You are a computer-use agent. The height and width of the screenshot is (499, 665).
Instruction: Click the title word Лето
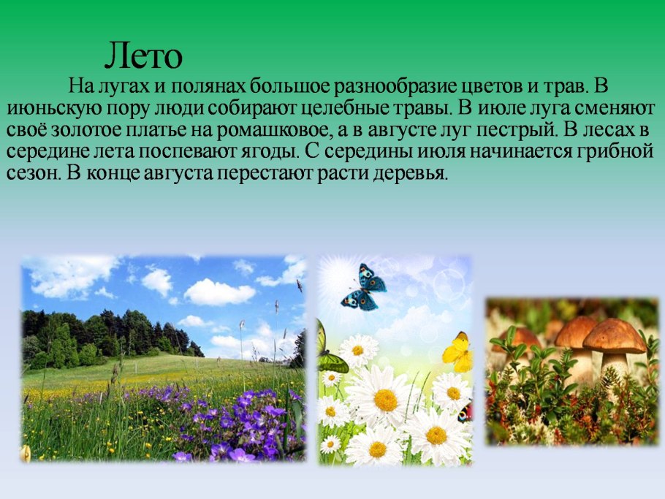(x=143, y=56)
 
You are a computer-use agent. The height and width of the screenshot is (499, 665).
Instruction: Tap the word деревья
(x=410, y=174)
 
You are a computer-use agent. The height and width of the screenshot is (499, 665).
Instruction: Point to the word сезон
(x=32, y=174)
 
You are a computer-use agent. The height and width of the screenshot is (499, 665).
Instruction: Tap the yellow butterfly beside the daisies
(x=458, y=352)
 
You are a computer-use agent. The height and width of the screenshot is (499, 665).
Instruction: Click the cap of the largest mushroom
(x=614, y=336)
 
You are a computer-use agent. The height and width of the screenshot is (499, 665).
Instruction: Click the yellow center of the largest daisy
(x=386, y=400)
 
